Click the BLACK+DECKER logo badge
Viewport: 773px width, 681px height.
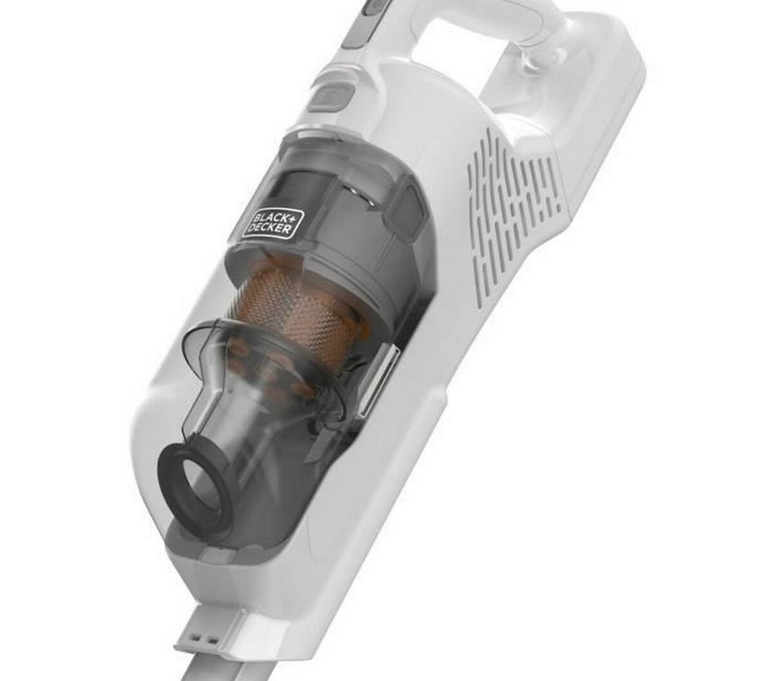[x=272, y=223]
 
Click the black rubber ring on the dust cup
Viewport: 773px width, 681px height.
[x=194, y=474]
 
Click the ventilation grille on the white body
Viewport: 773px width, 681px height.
[x=513, y=208]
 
